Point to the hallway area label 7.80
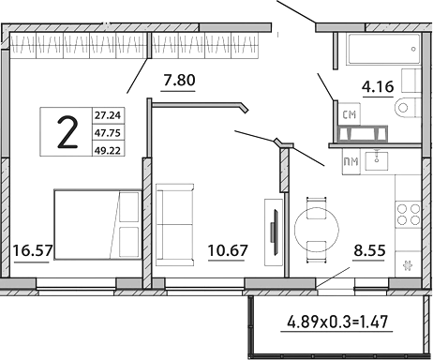(x=178, y=80)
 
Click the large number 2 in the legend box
(x=67, y=133)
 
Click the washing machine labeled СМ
(x=350, y=114)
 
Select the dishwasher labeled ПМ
(x=350, y=162)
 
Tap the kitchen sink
(x=381, y=158)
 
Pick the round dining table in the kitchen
(x=316, y=225)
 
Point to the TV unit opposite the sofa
(x=273, y=225)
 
